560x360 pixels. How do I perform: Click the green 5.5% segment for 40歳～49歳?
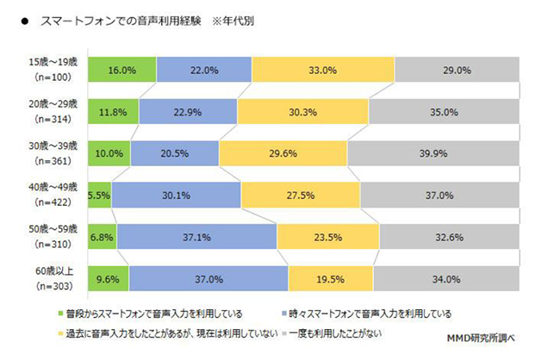99,196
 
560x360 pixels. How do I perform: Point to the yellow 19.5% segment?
331,279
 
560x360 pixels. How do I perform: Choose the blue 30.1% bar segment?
176,196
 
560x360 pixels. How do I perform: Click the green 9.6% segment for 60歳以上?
107,279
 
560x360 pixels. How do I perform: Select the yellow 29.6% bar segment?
283,153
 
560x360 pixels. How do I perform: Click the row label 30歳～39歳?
53,146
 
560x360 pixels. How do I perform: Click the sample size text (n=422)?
53,203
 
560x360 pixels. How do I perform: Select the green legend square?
61,313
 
